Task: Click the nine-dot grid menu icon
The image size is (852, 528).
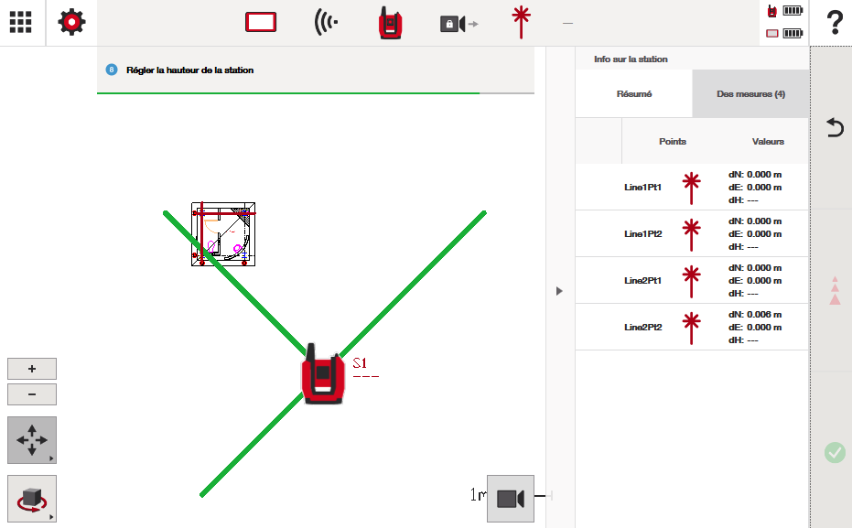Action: (x=21, y=22)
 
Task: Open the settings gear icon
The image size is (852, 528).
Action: (x=71, y=22)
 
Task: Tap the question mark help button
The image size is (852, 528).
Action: (x=835, y=23)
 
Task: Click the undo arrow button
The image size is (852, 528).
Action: (x=835, y=128)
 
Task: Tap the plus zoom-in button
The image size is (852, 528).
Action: (x=32, y=369)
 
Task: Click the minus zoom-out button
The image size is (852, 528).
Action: (x=32, y=394)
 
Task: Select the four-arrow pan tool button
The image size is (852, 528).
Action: (x=32, y=440)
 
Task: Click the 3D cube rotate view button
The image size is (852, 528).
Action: (x=32, y=499)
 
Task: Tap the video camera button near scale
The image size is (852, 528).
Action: (x=511, y=499)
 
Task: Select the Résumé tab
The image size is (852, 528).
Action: (x=634, y=94)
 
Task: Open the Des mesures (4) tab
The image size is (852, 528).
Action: (x=750, y=94)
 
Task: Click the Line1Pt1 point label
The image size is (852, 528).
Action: (x=642, y=188)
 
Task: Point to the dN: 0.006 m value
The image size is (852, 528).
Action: (x=755, y=315)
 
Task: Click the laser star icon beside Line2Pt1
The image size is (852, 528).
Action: (x=691, y=281)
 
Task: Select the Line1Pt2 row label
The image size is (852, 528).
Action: (x=642, y=234)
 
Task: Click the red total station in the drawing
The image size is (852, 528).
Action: (x=323, y=375)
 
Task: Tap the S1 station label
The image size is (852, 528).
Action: (x=361, y=363)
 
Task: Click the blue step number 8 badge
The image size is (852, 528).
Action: (x=112, y=70)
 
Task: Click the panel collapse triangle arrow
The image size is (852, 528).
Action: (x=559, y=291)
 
